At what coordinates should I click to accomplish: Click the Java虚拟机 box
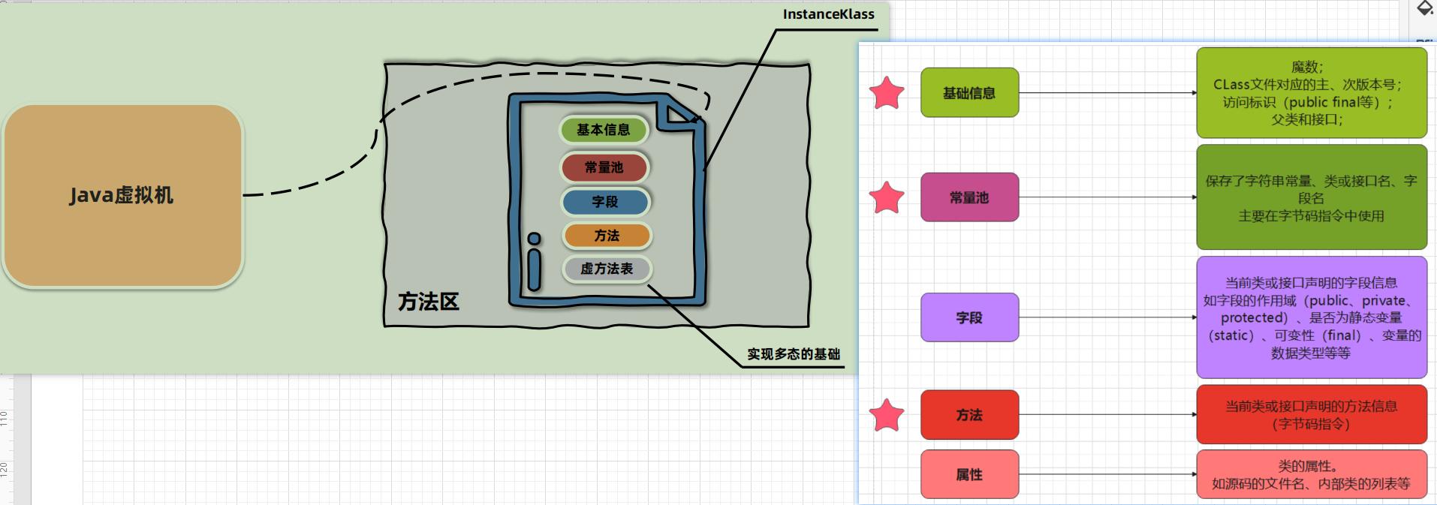122,196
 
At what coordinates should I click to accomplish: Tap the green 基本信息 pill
604,130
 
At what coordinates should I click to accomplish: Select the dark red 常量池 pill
604,167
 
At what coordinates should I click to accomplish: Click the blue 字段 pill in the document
605,202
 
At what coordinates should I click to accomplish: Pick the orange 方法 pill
607,236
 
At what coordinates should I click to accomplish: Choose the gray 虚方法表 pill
607,269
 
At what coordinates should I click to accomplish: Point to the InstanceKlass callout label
828,14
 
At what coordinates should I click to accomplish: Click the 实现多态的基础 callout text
794,354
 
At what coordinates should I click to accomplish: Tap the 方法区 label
429,302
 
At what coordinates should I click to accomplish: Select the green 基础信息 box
969,93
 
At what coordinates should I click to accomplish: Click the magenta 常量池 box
969,197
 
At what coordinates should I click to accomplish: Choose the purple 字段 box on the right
969,317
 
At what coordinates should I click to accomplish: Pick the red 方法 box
969,415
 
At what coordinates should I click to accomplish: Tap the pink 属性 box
969,474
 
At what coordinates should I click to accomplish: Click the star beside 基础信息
887,93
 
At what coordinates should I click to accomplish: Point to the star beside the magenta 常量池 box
887,197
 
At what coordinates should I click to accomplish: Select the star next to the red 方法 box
887,415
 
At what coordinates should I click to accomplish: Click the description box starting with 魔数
1312,93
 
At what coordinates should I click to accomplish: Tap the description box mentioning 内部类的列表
1312,474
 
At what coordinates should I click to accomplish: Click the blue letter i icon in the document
535,261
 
